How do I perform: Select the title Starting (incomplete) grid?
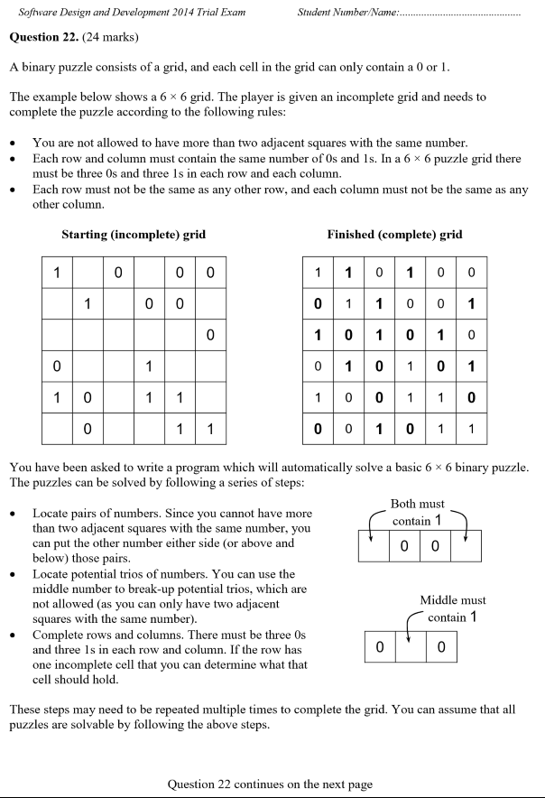[134, 235]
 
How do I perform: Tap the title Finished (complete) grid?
[394, 235]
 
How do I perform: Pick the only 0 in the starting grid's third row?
[209, 336]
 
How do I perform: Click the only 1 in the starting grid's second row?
[88, 304]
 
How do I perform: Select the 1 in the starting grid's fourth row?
[148, 367]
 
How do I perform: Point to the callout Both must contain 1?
[417, 513]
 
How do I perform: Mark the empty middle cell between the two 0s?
[411, 647]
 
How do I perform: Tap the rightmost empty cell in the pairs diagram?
[465, 546]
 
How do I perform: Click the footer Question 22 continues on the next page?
[270, 784]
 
